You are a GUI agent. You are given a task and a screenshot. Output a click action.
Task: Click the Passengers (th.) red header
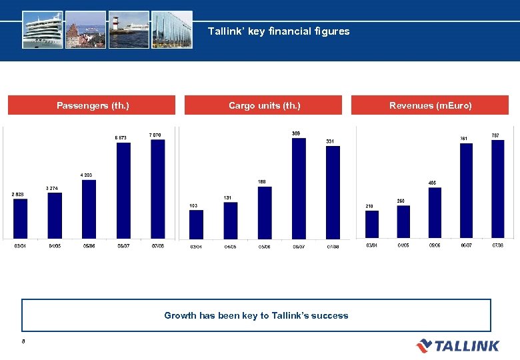92,105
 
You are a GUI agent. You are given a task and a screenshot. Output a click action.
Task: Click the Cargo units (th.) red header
263,105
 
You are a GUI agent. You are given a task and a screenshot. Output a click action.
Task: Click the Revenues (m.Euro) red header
430,105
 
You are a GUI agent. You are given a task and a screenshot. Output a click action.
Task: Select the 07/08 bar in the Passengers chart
158,189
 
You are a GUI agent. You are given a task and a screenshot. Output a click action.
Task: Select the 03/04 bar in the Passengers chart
21,219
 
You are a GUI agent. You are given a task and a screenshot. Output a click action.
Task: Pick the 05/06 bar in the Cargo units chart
265,212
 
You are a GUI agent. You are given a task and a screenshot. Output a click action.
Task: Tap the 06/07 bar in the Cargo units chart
299,188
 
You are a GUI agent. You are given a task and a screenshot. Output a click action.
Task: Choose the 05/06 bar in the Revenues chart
435,212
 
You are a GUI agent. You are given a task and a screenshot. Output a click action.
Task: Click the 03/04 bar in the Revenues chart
371,224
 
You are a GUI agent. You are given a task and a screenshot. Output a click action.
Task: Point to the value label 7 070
154,135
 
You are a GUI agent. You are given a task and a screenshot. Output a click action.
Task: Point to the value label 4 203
86,175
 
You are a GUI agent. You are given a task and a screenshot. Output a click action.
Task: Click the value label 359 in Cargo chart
296,133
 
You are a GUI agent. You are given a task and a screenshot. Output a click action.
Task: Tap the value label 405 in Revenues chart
433,183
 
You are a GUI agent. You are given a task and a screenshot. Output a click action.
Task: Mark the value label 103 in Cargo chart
193,205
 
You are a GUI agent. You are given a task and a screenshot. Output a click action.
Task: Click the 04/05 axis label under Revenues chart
403,245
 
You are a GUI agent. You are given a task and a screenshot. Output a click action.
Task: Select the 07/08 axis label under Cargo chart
333,247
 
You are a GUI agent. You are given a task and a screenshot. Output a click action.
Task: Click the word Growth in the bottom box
180,315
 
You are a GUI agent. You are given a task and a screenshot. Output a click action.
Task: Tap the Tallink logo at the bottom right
457,345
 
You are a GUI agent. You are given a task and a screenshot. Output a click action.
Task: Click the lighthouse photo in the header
128,29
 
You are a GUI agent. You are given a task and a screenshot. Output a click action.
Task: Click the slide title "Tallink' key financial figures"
279,31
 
